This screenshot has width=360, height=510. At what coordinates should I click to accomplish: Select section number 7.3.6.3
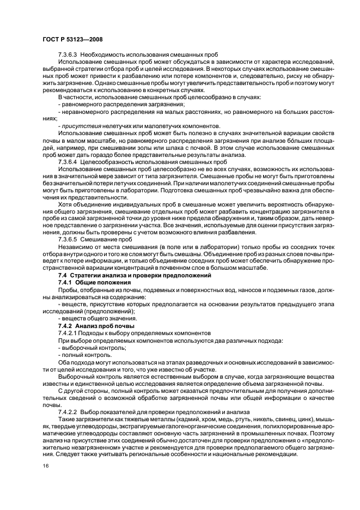coord(68,56)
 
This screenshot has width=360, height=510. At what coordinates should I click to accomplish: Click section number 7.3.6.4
coord(68,161)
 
